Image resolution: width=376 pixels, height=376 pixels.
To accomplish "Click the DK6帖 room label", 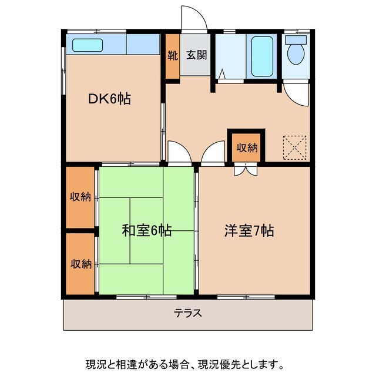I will coord(109,99).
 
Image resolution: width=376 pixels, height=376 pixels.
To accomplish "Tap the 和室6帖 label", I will coord(146,230).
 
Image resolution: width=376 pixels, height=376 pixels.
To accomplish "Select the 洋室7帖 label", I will coord(249,230).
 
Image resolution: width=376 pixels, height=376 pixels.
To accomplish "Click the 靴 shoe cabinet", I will coord(172,56).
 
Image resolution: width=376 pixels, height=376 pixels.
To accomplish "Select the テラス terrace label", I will coord(188,313).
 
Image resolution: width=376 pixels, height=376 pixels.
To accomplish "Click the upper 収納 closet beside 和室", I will coord(80,197).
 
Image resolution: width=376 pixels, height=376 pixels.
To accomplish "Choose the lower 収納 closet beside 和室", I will coord(80,264).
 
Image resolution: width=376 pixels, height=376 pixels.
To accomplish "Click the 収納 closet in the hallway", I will coord(247,147).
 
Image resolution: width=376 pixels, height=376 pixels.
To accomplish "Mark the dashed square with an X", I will coord(295,147).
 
